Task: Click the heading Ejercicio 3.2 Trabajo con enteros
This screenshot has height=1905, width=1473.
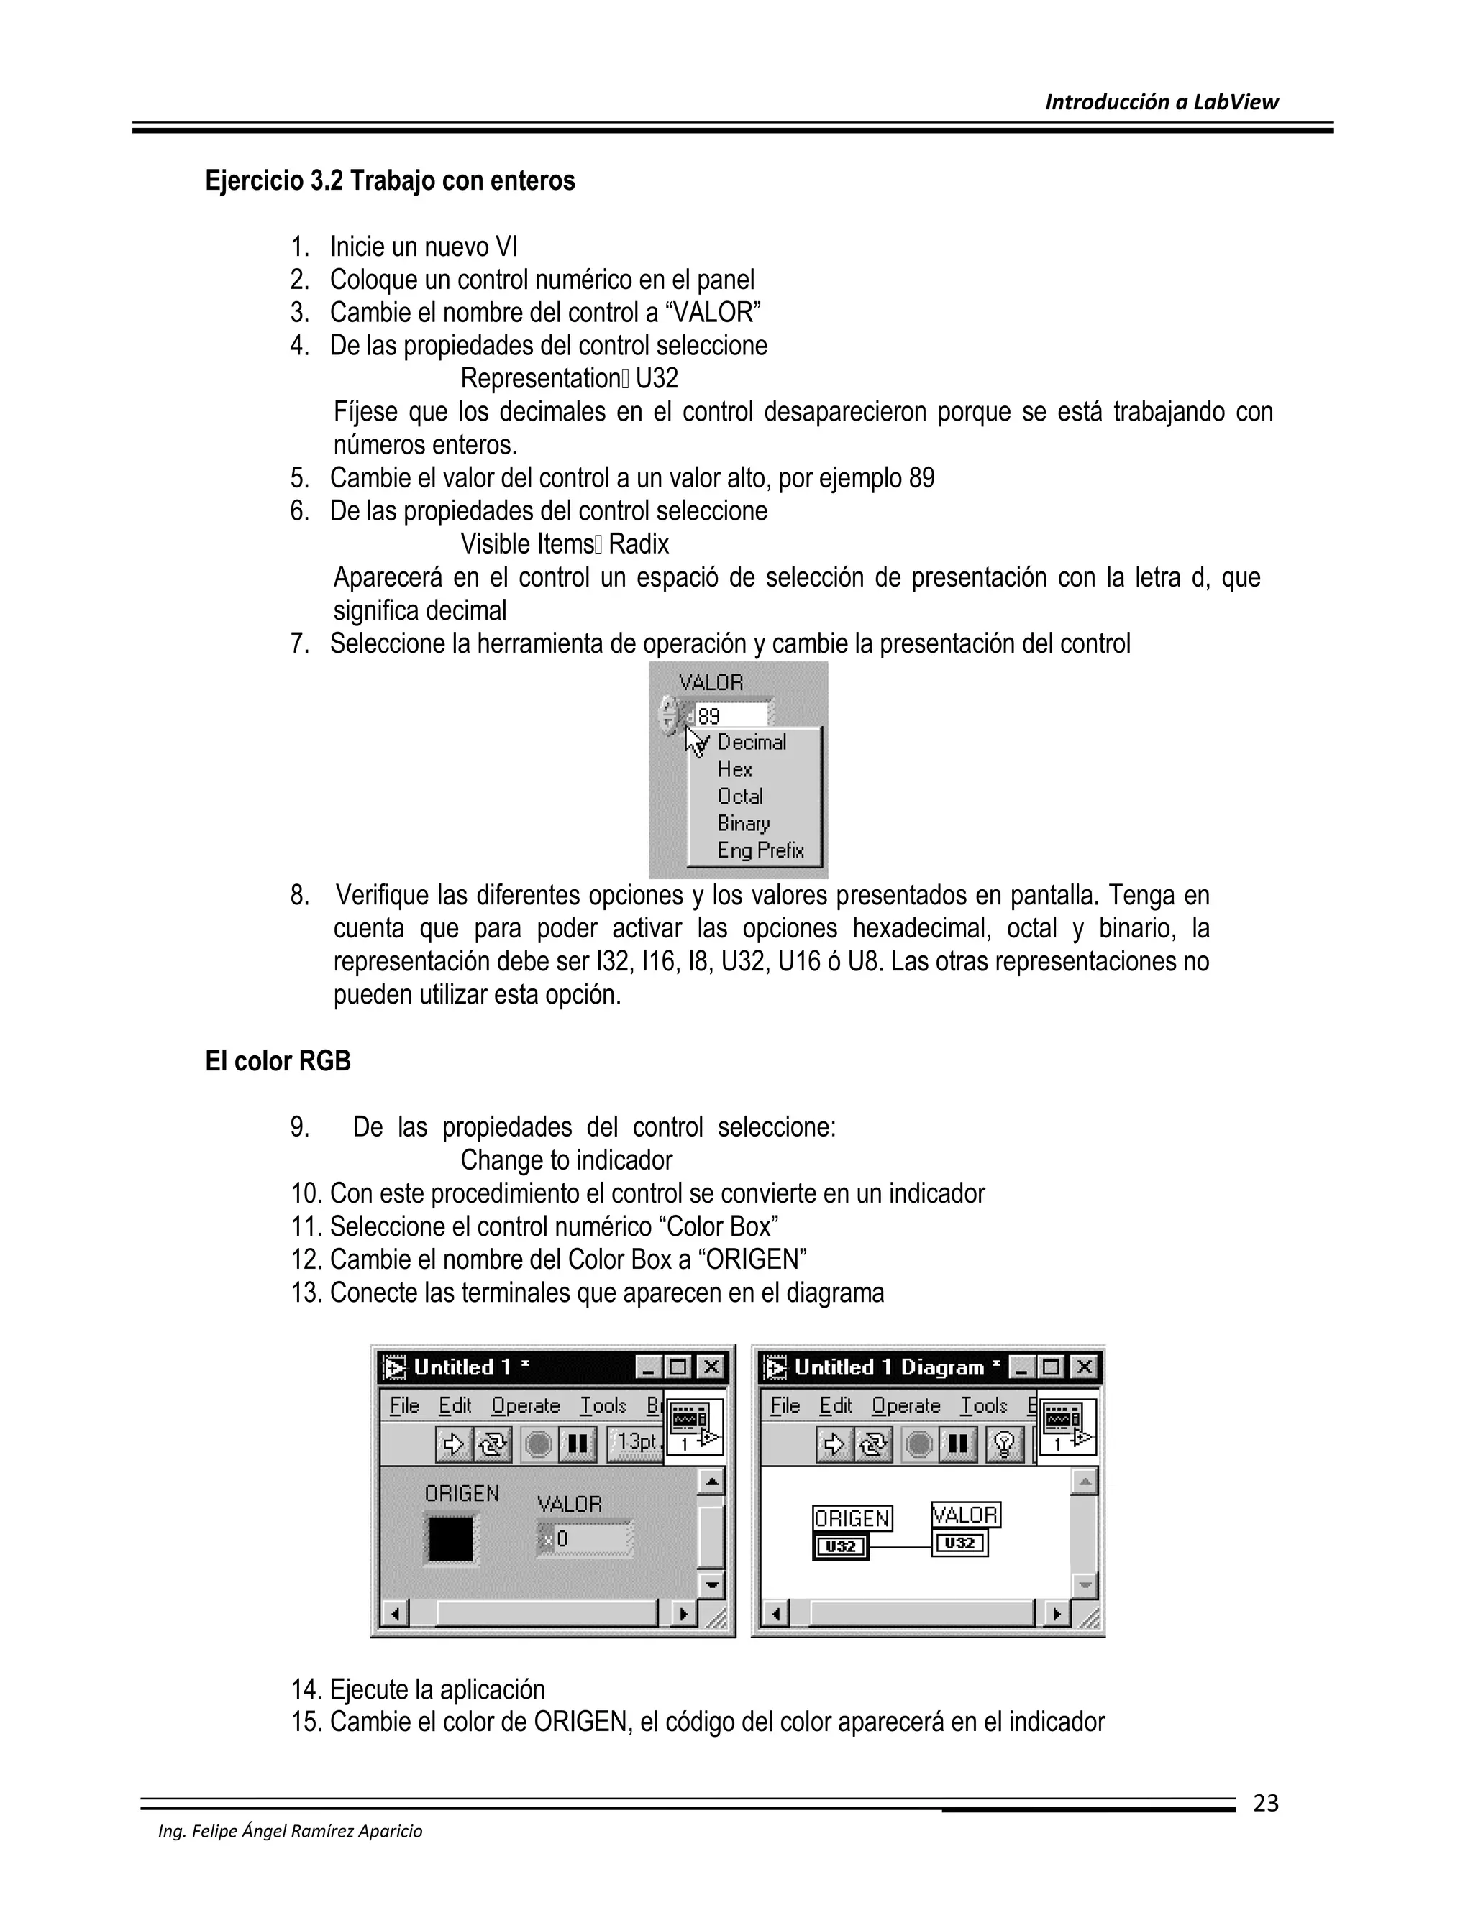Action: [x=390, y=181]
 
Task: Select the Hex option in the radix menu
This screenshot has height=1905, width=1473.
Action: [x=735, y=769]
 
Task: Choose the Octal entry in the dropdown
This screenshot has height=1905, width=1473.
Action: [x=740, y=797]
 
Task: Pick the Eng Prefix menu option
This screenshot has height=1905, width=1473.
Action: [x=760, y=850]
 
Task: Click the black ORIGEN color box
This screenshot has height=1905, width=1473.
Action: [x=450, y=1538]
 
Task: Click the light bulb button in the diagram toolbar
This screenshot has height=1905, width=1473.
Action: [x=1004, y=1444]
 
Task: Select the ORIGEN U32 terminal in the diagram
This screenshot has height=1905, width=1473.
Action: [x=840, y=1546]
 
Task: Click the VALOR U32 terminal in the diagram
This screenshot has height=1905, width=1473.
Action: [x=960, y=1543]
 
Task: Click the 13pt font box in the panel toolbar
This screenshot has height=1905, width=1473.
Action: [x=635, y=1443]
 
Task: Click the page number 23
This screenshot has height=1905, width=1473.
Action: [x=1265, y=1803]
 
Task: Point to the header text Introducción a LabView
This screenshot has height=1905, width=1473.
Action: [x=1161, y=102]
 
